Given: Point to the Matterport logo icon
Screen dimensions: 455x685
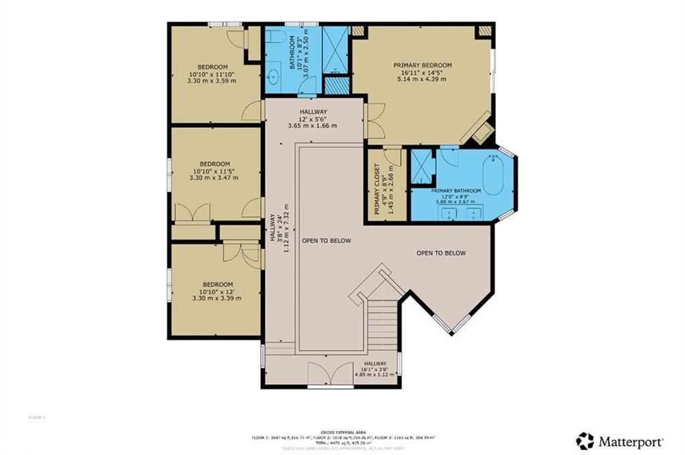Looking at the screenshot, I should (585, 441).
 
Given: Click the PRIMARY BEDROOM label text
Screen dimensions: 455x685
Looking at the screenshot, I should (422, 65).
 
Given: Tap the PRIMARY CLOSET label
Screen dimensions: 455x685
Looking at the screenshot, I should (377, 189).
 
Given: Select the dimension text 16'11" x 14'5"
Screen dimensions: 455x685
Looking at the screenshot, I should (422, 72).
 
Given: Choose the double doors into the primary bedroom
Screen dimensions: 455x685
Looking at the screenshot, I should (375, 121).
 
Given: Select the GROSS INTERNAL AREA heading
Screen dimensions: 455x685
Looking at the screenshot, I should (342, 432).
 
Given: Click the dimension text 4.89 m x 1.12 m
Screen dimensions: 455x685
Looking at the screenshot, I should (376, 375).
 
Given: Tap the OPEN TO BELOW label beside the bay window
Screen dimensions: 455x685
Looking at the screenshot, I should (441, 253).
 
